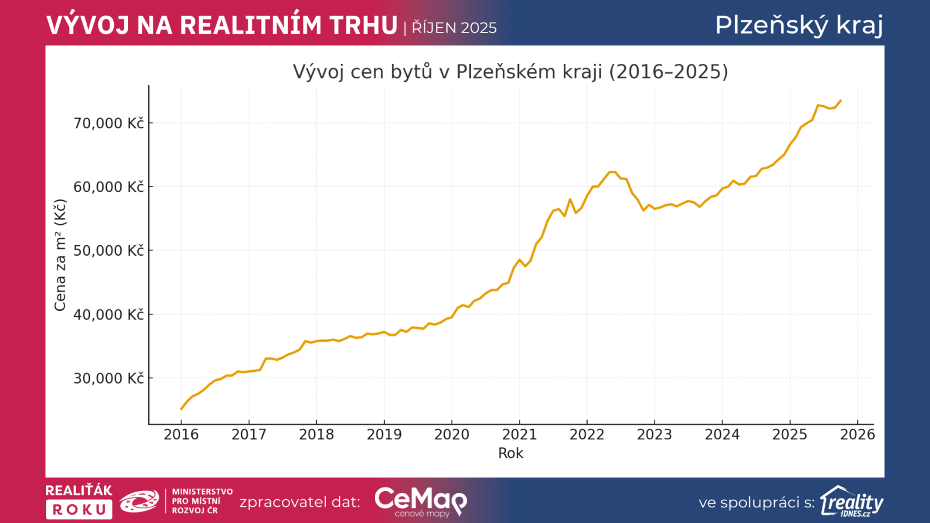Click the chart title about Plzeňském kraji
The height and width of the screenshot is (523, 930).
[x=510, y=71]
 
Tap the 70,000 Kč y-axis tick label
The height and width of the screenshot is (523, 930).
[x=108, y=123]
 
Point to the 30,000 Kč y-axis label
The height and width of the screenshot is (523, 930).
[x=108, y=378]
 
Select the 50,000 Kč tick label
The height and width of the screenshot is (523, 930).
[x=108, y=250]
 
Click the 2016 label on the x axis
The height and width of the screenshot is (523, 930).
[x=181, y=435]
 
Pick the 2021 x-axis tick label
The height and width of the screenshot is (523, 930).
[x=519, y=435]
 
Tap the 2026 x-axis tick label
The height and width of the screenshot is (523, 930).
[x=857, y=435]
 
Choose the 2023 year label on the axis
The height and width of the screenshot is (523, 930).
[x=654, y=435]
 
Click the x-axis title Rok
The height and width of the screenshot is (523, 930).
[x=510, y=453]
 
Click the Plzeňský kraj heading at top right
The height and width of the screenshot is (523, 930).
[x=799, y=25]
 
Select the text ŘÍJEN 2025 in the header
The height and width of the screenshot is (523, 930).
[x=454, y=28]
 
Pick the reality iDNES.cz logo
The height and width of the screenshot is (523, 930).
[x=852, y=501]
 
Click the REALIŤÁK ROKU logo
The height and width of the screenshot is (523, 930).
[x=79, y=501]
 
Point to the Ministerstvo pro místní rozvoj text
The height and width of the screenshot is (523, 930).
[x=202, y=501]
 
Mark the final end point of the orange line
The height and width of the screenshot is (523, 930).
[x=841, y=101]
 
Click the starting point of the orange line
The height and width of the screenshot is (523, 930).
[x=181, y=409]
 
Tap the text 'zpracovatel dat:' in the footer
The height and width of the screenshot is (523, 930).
[x=299, y=502]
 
